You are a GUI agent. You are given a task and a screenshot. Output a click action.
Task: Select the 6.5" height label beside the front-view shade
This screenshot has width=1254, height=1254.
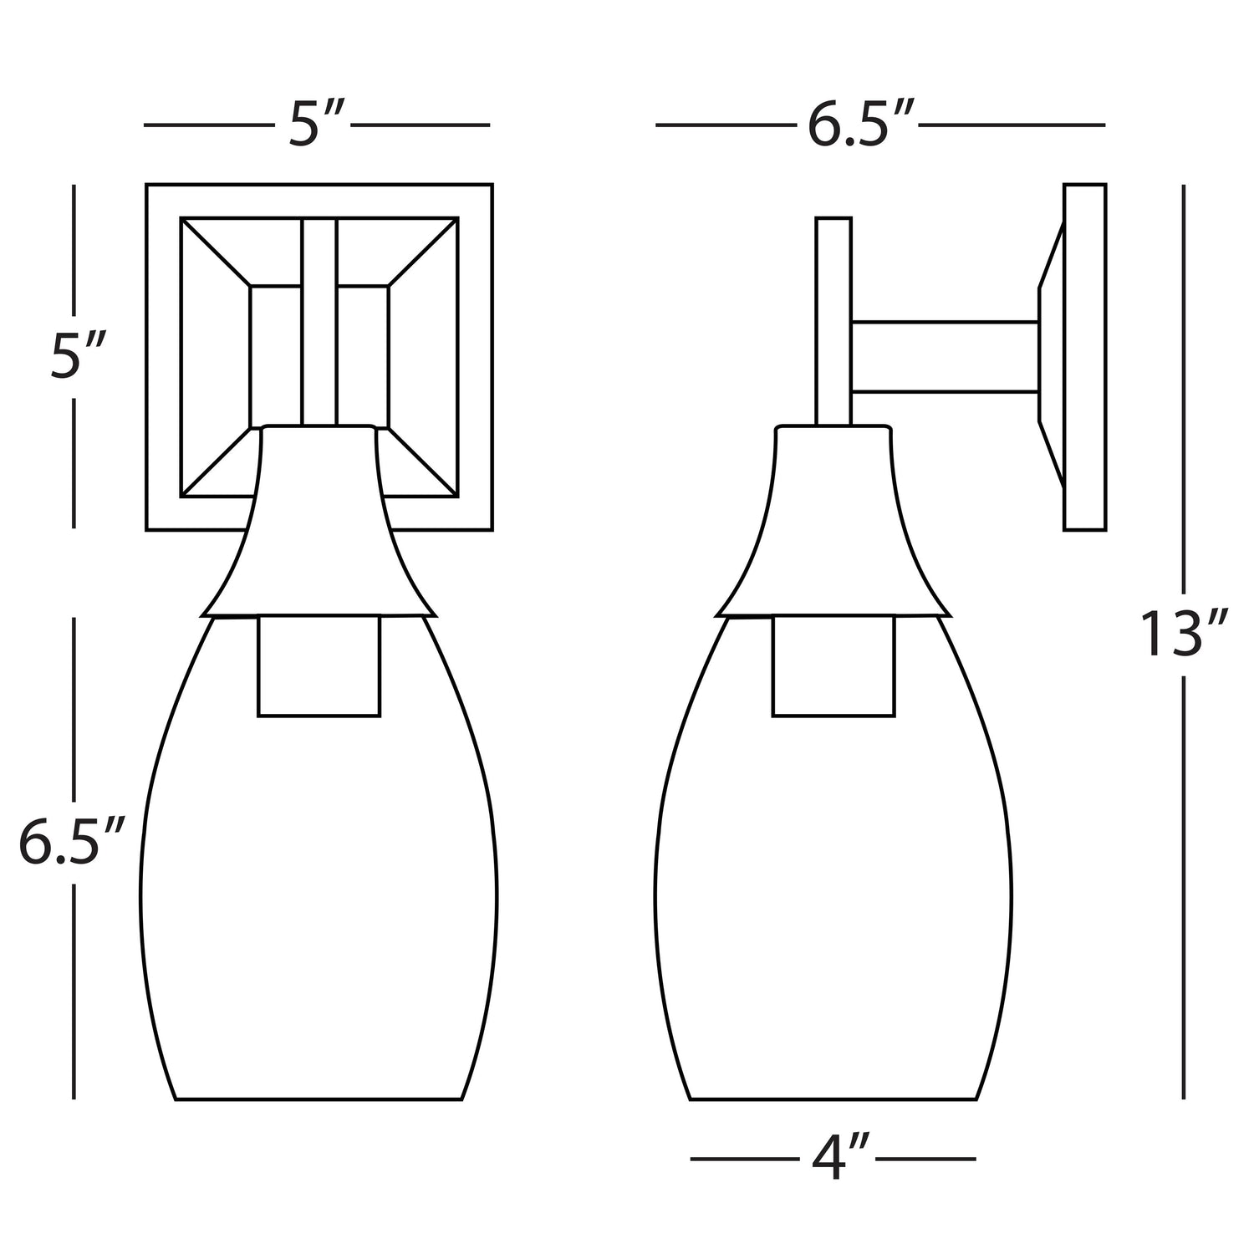(72, 842)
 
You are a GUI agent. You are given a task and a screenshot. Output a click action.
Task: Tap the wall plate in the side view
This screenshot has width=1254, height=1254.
(1085, 357)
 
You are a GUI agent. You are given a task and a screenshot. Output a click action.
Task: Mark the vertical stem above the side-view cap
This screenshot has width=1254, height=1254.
(833, 322)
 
